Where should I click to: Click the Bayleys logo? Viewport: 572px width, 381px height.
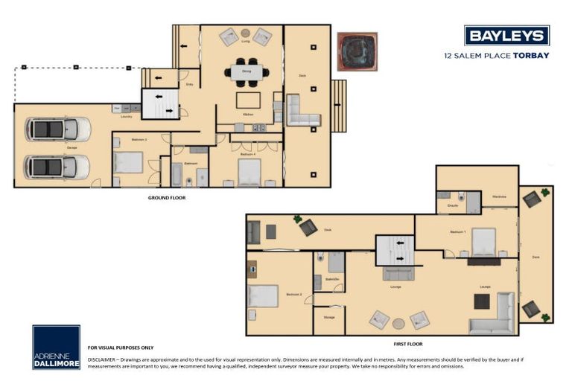(x=506, y=35)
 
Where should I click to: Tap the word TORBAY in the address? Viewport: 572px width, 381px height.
(x=531, y=55)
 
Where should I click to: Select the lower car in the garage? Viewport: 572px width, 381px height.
(x=57, y=166)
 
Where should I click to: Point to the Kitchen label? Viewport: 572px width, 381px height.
(x=248, y=115)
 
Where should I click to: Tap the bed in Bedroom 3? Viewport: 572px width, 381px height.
(x=129, y=162)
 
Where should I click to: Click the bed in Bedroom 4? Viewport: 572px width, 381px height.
(x=249, y=172)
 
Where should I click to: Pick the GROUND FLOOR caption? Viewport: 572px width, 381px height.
(x=167, y=198)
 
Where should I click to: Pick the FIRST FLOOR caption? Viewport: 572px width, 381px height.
(x=407, y=345)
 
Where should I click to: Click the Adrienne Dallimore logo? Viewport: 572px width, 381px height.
(x=56, y=347)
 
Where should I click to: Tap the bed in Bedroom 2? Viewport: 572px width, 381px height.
(x=263, y=296)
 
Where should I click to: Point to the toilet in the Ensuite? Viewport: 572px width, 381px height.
(x=462, y=197)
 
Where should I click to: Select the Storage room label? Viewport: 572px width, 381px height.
(x=328, y=318)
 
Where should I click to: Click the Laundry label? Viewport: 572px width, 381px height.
(x=126, y=116)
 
